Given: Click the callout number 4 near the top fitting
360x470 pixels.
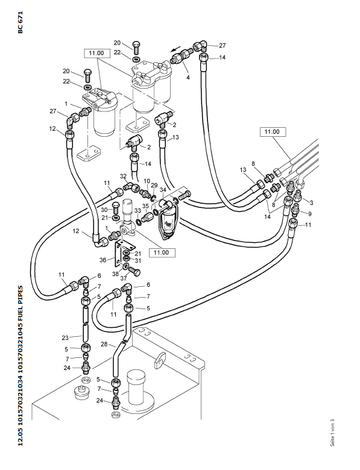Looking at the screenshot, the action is pos(188,77).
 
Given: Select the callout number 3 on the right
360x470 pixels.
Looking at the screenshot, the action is pos(311,202).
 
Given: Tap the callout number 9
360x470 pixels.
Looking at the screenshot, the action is pos(310,213).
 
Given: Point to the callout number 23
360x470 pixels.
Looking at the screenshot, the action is pos(65,338).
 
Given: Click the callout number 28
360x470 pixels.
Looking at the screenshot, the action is pos(104,344).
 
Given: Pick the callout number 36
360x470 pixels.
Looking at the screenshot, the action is pos(103,260).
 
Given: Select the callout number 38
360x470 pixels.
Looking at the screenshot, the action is pos(116,274).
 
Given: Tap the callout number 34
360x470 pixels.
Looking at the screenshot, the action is pos(163,190).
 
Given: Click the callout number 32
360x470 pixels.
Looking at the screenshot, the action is pos(123,176).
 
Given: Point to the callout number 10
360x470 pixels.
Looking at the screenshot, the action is pos(147,181).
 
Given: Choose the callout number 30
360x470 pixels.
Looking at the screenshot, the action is pos(104,210).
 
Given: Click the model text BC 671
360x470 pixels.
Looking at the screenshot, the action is pos(20,22).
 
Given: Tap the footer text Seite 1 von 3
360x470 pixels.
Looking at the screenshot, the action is pos(332,433).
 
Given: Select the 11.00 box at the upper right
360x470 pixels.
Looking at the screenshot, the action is pos(273,131).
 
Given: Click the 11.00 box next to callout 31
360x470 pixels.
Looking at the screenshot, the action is pos(162,252).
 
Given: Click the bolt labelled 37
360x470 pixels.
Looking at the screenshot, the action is pos(134,271).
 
